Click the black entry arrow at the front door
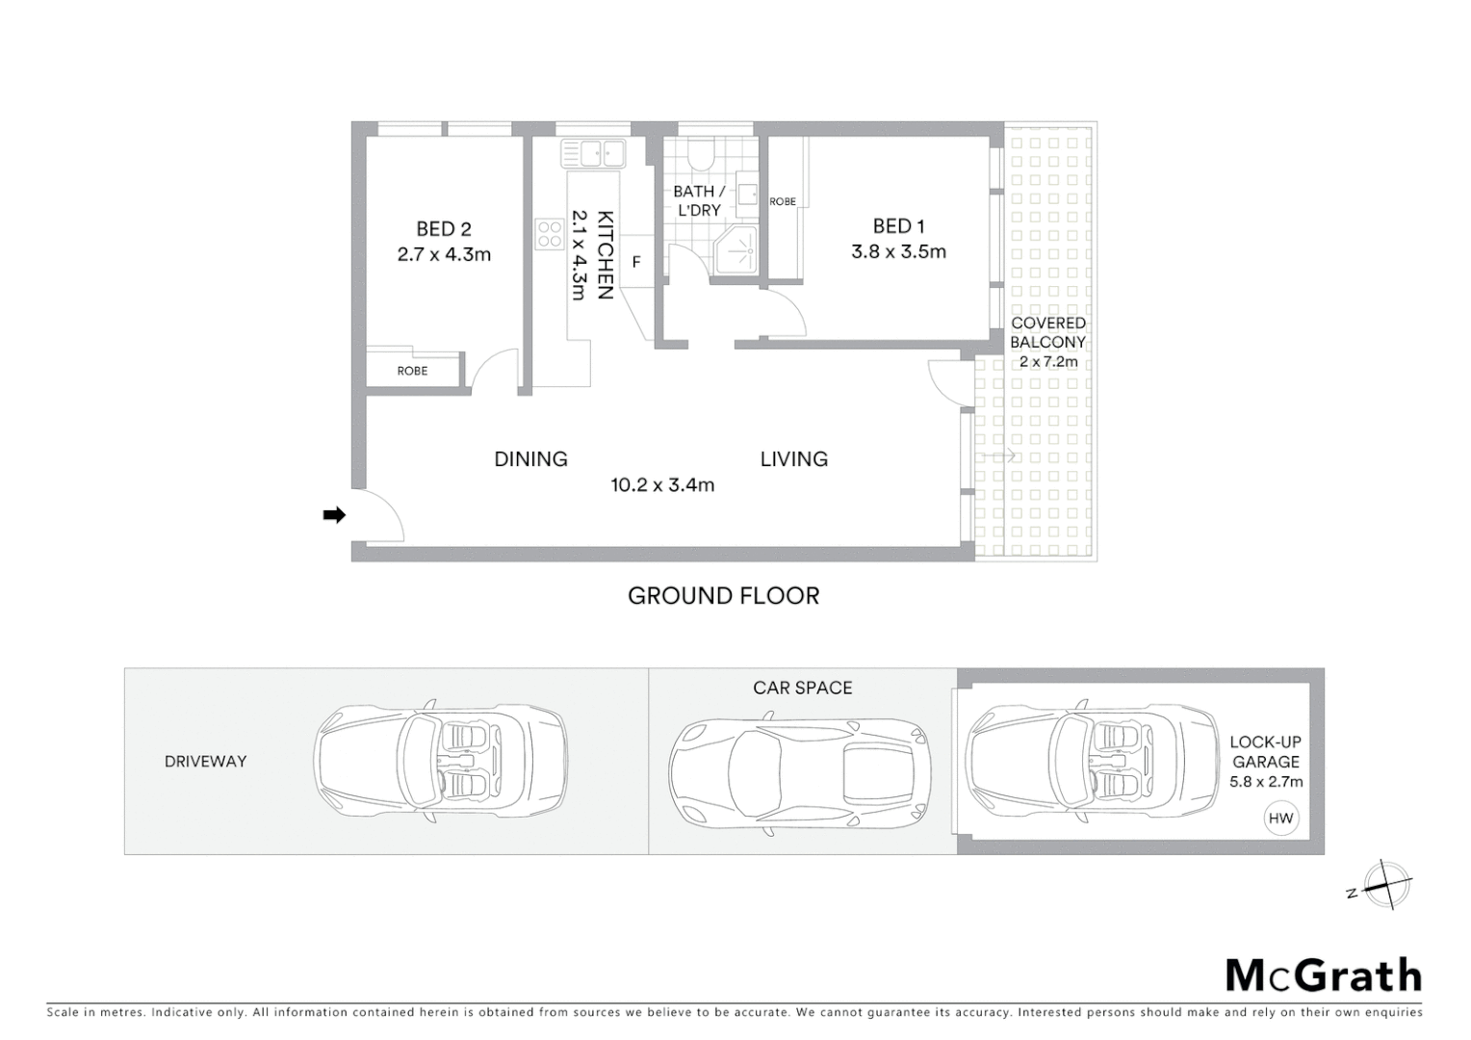pyautogui.click(x=334, y=515)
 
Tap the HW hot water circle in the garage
pyautogui.click(x=1280, y=819)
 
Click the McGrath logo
pyautogui.click(x=1323, y=975)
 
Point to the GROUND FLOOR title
pyautogui.click(x=723, y=596)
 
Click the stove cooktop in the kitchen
pyautogui.click(x=550, y=234)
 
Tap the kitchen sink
pyautogui.click(x=594, y=153)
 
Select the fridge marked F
pyautogui.click(x=636, y=262)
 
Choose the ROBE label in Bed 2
pyautogui.click(x=412, y=371)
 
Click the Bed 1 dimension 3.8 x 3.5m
pyautogui.click(x=898, y=252)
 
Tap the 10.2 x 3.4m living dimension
pyautogui.click(x=662, y=485)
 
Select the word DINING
pyautogui.click(x=530, y=459)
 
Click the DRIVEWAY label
pyautogui.click(x=205, y=762)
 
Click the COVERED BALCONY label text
pyautogui.click(x=1048, y=332)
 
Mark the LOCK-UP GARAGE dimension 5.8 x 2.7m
pyautogui.click(x=1266, y=782)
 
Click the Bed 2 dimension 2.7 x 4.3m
pyautogui.click(x=444, y=255)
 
